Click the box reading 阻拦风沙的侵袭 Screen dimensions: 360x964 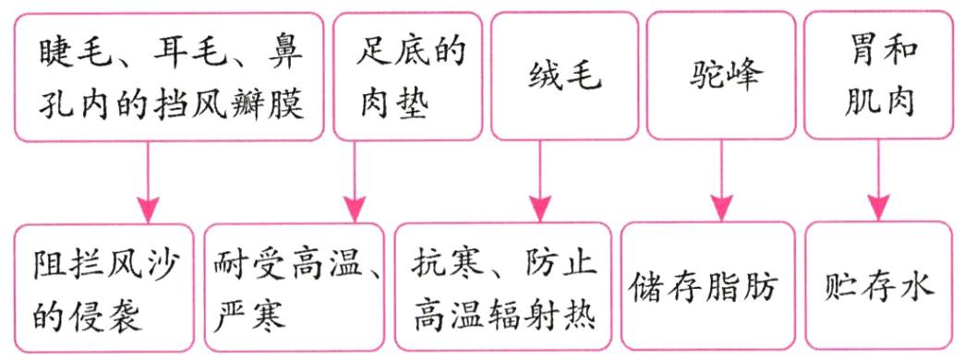click(103, 288)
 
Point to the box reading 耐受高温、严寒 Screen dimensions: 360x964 click(295, 288)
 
